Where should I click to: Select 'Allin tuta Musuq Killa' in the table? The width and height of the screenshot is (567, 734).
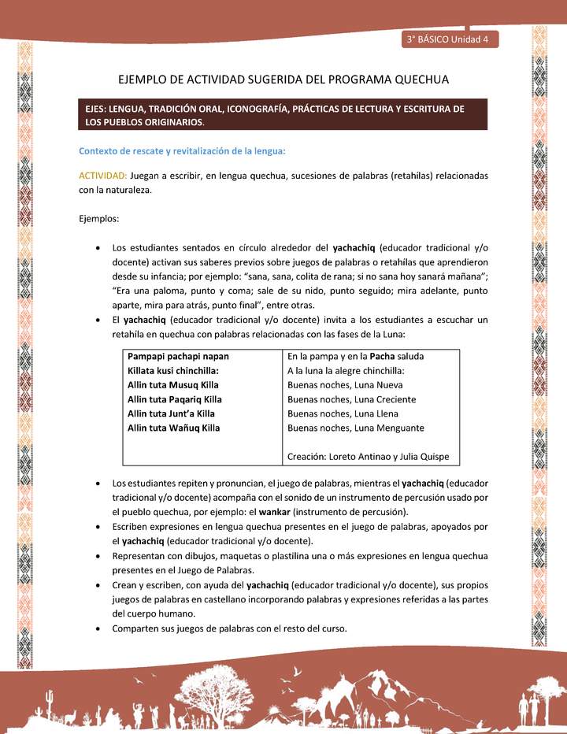pyautogui.click(x=172, y=385)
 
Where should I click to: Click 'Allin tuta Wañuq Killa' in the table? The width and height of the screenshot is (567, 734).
pyautogui.click(x=173, y=428)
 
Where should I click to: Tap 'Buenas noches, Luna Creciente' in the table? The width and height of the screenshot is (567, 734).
pyautogui.click(x=351, y=399)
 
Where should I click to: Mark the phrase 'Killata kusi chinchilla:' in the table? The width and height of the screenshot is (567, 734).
pyautogui.click(x=172, y=371)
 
